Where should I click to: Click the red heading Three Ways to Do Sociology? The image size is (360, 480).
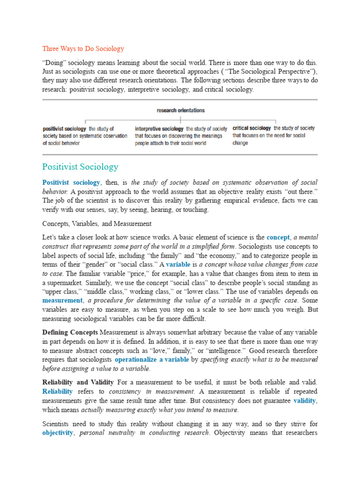click(83, 49)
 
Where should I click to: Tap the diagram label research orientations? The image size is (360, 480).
click(180, 111)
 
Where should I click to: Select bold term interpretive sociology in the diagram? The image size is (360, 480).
click(159, 128)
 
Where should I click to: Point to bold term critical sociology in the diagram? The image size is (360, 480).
click(251, 128)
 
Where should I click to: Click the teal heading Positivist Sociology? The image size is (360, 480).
click(80, 167)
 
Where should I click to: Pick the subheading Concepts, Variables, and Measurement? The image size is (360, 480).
click(97, 224)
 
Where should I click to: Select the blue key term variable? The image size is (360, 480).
click(178, 265)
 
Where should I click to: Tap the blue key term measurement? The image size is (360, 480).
click(62, 300)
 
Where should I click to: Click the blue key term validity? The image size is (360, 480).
click(305, 401)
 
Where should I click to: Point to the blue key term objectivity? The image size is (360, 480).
click(58, 433)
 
